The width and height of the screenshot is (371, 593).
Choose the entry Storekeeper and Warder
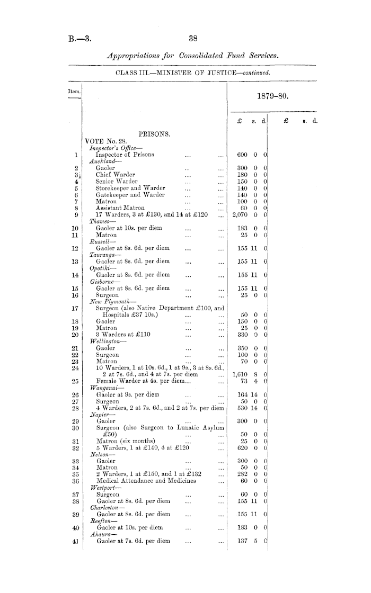[x=130, y=187]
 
